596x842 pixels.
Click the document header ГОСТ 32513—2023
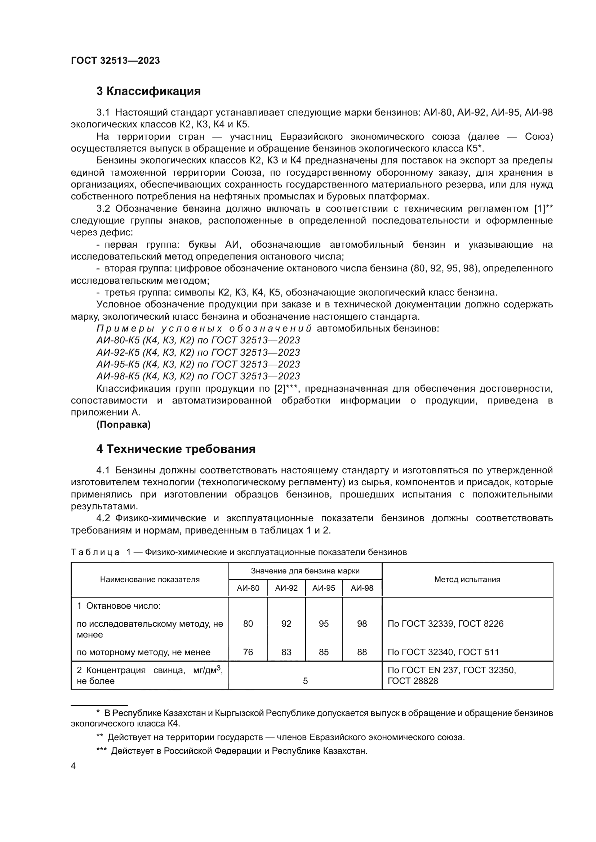(115, 60)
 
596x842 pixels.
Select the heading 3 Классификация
(148, 91)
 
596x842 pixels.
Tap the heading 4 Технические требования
(176, 449)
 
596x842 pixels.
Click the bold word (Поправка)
(123, 424)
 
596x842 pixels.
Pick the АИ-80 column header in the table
(248, 588)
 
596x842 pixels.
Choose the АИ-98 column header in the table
(362, 588)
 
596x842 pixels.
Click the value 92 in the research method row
(286, 623)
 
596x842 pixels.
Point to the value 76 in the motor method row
(248, 652)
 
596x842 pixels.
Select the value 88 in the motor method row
(362, 652)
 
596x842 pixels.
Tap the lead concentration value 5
(305, 681)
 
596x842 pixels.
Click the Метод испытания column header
(467, 580)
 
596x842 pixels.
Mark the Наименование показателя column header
(150, 580)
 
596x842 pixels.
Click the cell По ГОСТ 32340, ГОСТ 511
(443, 652)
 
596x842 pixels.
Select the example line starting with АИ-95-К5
(198, 364)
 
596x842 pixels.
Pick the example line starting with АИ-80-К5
(198, 340)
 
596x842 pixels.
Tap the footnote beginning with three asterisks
(232, 751)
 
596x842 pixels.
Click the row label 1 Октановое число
(119, 605)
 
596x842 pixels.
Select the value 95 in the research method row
(324, 623)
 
